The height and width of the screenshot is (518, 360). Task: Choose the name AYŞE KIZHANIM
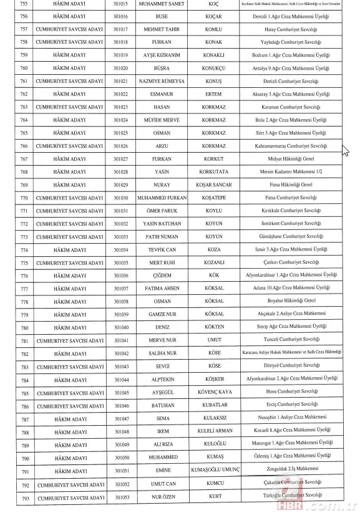tap(161, 55)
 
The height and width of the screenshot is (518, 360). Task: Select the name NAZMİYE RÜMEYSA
tap(161, 81)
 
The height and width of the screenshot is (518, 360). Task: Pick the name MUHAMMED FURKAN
tap(161, 198)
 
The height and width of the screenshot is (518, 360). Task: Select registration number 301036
tap(121, 276)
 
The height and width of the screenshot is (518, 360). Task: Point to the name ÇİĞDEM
tap(161, 276)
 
